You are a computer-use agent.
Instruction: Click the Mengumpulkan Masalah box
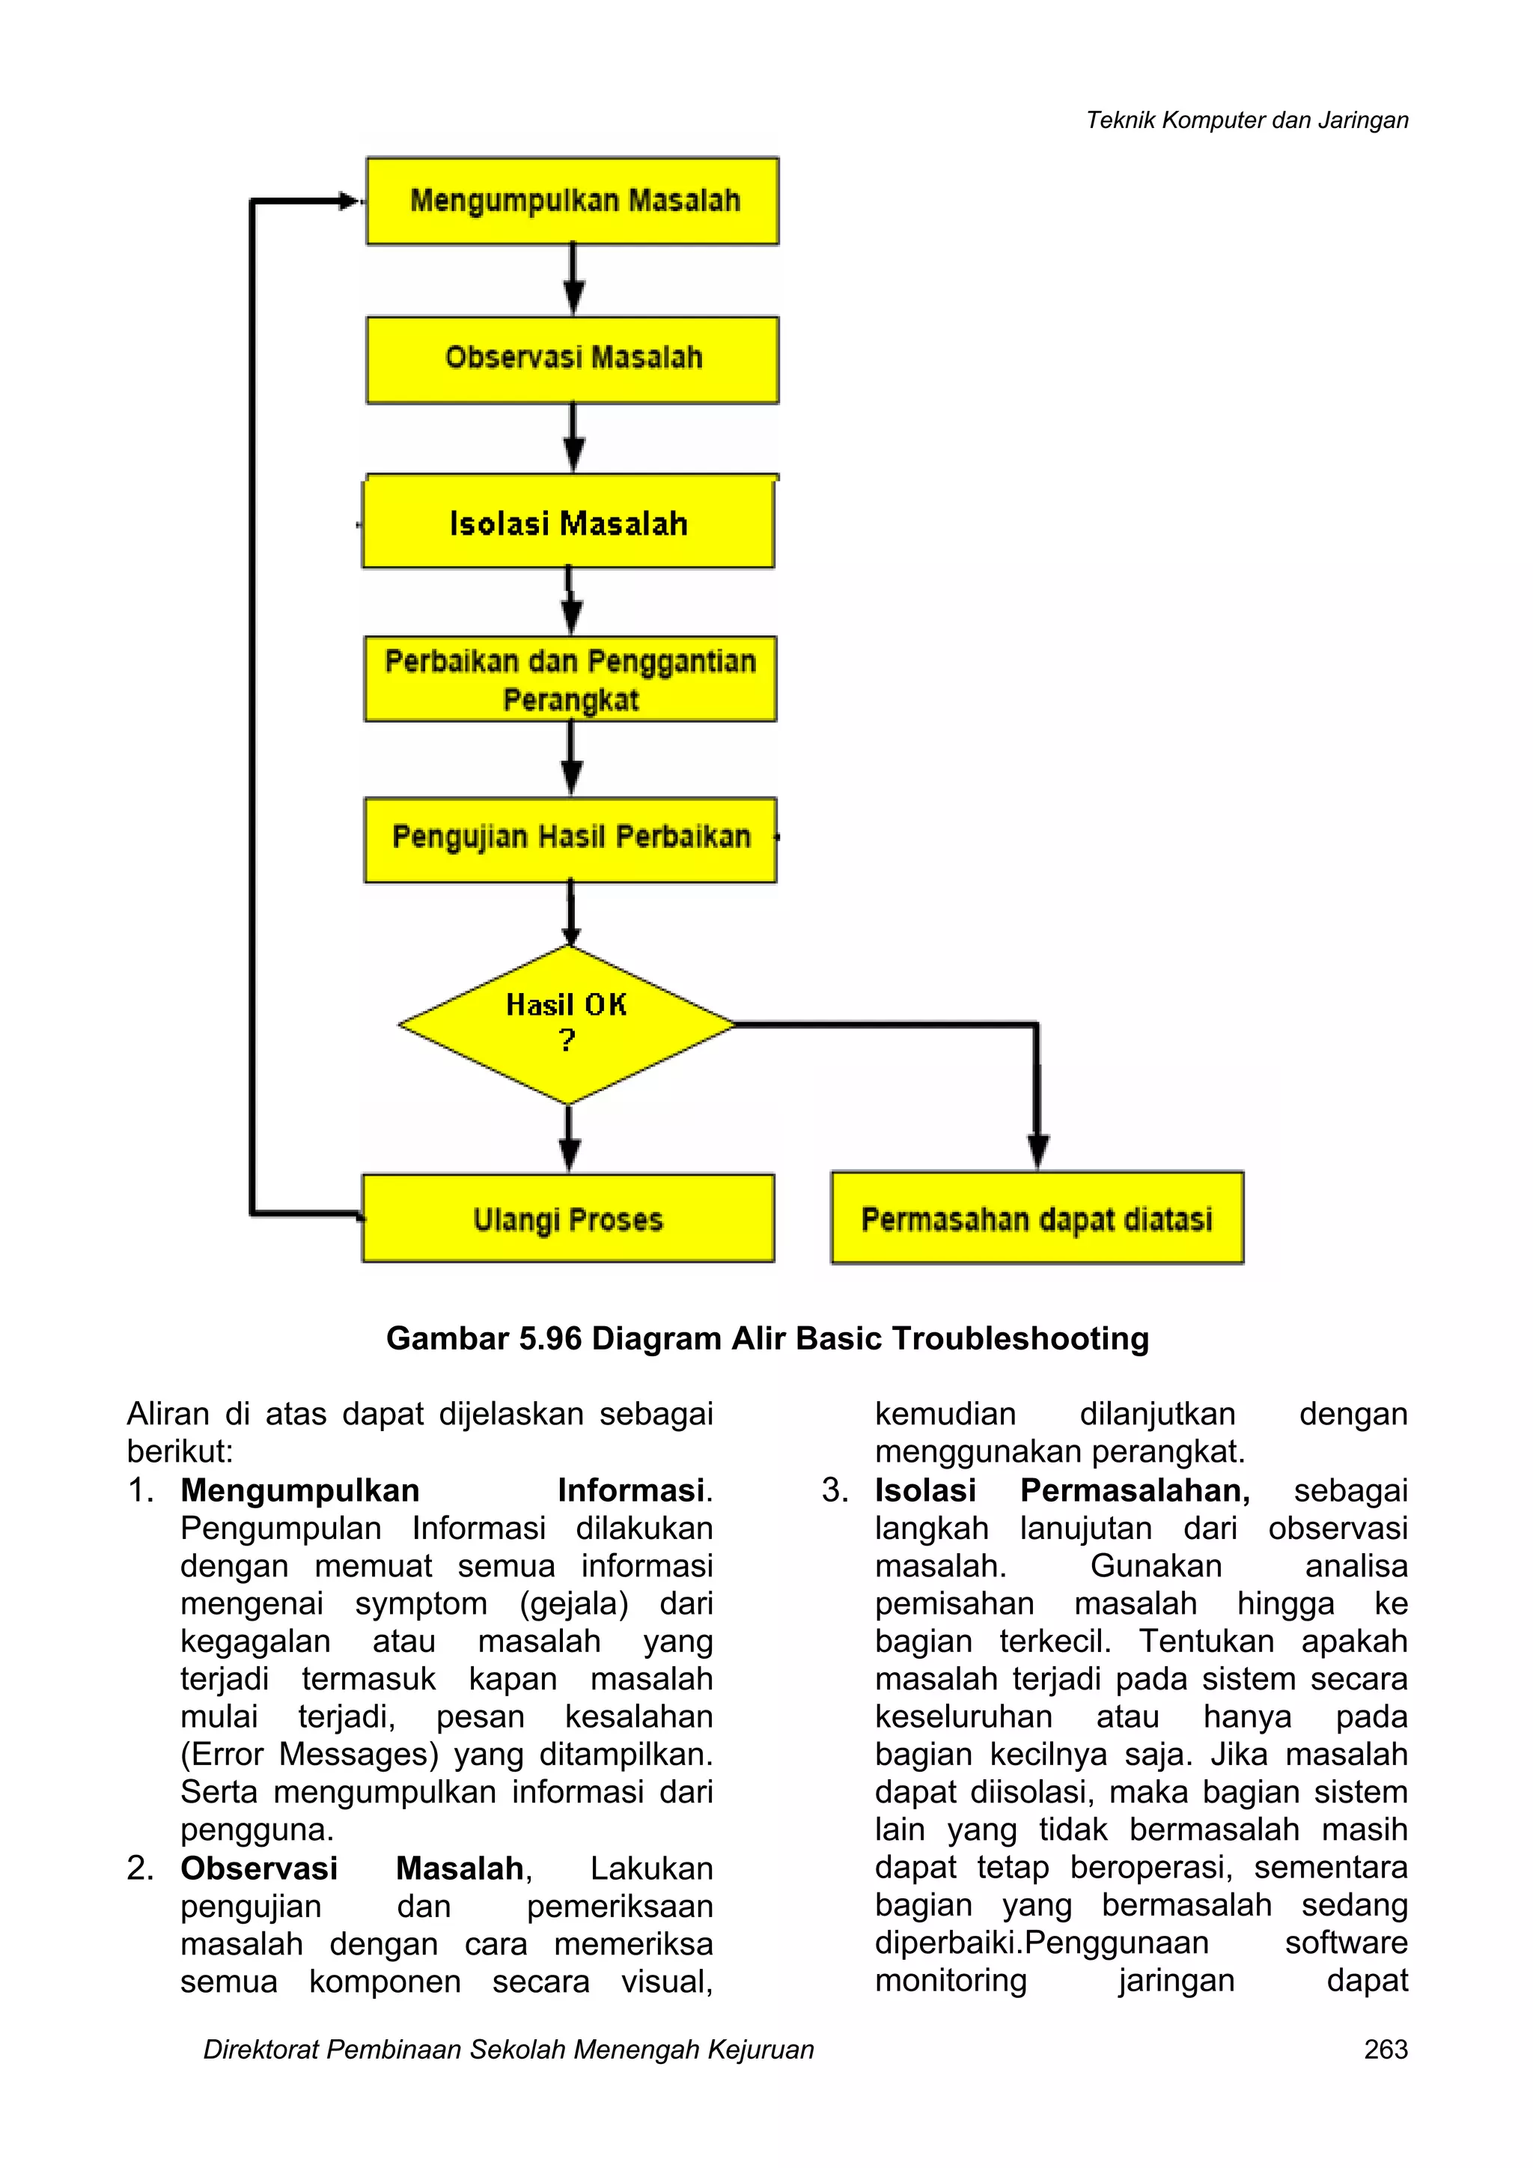[573, 201]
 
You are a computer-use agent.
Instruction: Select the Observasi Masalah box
[573, 359]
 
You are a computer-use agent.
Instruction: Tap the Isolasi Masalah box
[568, 522]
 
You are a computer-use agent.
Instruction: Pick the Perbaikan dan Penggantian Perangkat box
[570, 680]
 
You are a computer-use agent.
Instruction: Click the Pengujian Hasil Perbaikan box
[570, 839]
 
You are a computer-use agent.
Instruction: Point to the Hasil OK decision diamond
[567, 1024]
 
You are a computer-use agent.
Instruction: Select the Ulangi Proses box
[568, 1218]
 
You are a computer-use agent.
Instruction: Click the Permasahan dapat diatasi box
[1037, 1218]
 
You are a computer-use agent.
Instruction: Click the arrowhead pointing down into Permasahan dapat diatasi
[1037, 1152]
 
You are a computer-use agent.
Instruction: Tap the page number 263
[1385, 2050]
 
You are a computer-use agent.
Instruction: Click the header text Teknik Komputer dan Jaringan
[1246, 120]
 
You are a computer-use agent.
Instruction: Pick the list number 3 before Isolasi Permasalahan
[834, 1490]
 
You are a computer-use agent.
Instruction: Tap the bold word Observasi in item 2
[259, 1868]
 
